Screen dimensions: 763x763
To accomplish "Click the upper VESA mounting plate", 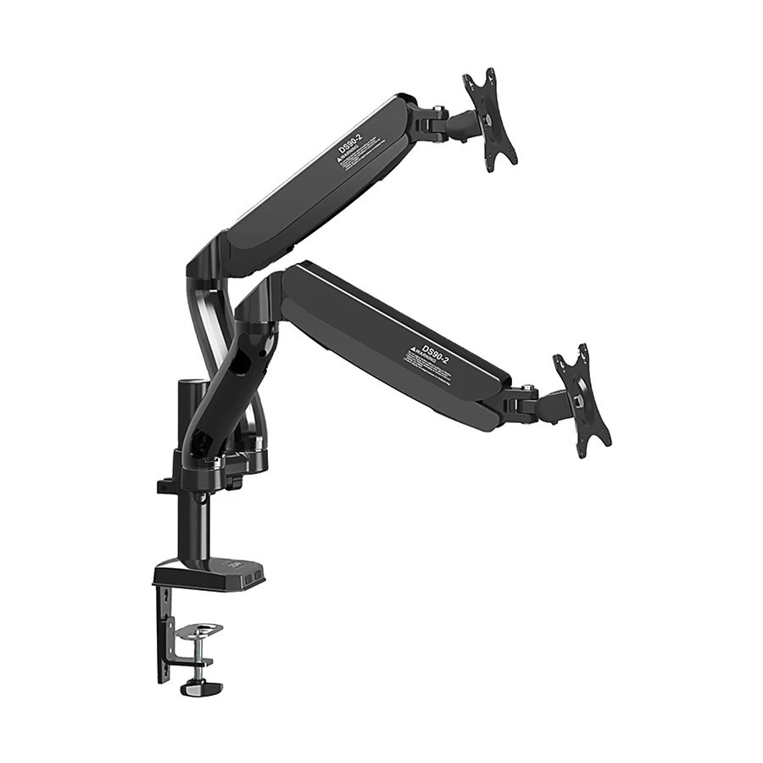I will [489, 119].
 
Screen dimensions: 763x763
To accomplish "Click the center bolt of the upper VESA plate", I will [489, 120].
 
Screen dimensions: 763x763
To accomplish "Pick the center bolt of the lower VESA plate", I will [581, 398].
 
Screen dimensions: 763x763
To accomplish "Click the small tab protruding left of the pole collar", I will [165, 487].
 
